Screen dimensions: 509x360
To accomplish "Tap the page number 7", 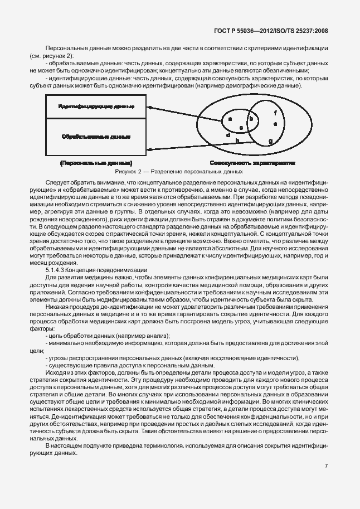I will click(327, 465).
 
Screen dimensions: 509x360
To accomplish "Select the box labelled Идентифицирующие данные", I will click(96, 106).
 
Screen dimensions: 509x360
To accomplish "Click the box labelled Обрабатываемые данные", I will click(96, 136).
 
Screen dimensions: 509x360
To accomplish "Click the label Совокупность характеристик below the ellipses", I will click(252, 163).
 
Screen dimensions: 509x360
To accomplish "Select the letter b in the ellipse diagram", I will click(251, 119).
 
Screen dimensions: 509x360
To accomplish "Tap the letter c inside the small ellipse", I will click(241, 128).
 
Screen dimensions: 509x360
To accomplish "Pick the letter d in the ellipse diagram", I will click(227, 135).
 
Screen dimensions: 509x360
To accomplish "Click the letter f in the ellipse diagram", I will click(275, 112).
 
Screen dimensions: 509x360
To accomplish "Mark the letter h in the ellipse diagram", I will click(237, 141).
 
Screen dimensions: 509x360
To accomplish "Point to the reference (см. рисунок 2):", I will click(52, 57).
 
